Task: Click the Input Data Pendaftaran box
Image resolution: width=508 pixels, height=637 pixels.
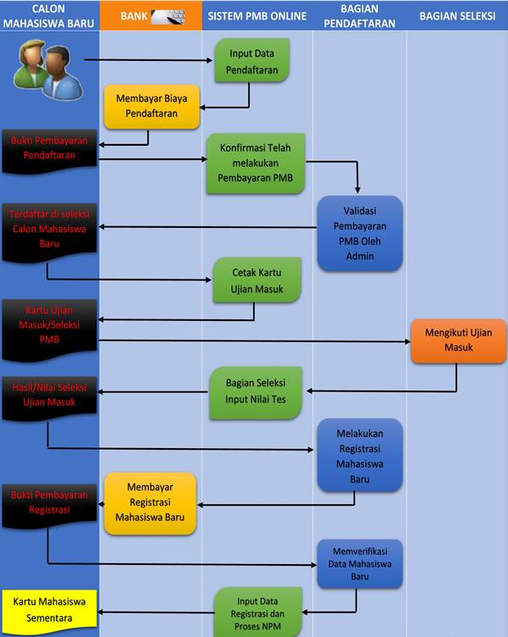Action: point(251,60)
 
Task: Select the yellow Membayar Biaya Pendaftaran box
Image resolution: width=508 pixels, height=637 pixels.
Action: point(152,107)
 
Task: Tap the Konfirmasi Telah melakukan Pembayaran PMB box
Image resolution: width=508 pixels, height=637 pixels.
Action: point(256,163)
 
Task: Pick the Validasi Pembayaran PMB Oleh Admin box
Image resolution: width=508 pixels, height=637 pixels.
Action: point(360,233)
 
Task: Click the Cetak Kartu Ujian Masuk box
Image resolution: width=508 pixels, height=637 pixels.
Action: point(257,280)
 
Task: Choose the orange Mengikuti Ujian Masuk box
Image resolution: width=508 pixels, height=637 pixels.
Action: point(458,341)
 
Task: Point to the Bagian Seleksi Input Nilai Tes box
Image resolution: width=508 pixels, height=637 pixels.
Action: point(256,391)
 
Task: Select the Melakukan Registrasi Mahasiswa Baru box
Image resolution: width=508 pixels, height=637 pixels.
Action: point(360,456)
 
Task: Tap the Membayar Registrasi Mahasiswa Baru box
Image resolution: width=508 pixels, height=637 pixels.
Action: point(150,503)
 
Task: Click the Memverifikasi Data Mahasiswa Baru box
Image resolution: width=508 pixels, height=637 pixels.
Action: point(360,564)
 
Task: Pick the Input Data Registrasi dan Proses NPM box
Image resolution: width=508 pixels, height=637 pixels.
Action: point(258,612)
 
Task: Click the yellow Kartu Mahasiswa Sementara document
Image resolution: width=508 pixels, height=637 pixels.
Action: point(49,611)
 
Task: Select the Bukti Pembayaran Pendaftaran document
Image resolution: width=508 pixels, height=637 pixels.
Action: point(49,150)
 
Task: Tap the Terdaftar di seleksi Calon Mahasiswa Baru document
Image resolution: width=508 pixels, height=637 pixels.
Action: point(49,230)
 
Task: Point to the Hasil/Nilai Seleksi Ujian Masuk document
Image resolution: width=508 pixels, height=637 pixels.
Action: point(49,397)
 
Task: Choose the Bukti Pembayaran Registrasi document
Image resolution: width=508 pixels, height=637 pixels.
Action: point(49,505)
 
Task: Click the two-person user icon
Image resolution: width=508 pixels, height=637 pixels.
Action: point(48,69)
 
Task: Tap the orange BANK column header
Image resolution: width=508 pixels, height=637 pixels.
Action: point(151,16)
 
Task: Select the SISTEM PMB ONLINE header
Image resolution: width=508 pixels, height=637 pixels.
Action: point(257,16)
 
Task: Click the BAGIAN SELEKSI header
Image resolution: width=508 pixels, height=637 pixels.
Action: point(457,16)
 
